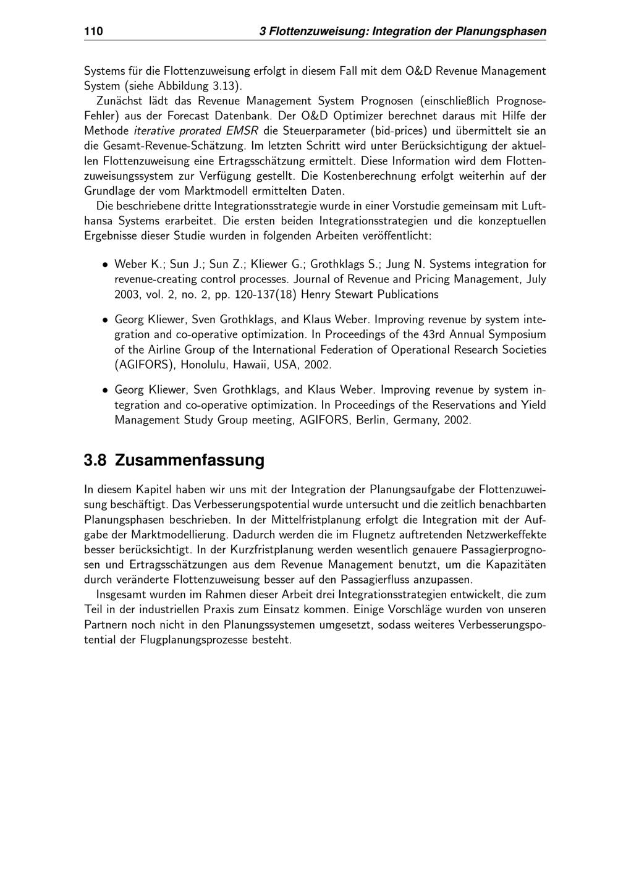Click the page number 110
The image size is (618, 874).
(x=93, y=31)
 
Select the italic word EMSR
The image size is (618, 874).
(x=243, y=130)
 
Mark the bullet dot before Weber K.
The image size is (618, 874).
(x=106, y=265)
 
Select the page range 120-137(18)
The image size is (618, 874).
(x=267, y=294)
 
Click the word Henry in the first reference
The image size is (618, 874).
(x=319, y=294)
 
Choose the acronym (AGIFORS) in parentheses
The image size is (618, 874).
(x=145, y=364)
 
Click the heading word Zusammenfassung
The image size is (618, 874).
(x=190, y=460)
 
